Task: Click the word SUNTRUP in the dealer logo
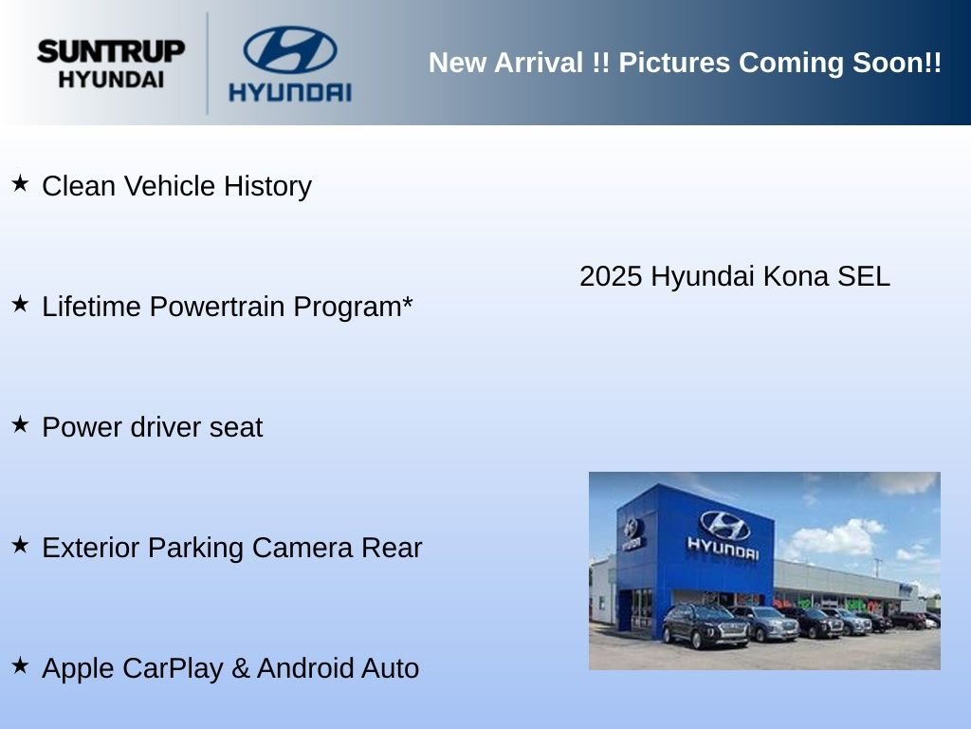111,51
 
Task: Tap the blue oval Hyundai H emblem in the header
290,49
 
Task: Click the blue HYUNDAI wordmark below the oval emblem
290,92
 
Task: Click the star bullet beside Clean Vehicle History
21,183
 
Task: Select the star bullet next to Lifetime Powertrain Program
21,304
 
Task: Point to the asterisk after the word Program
408,302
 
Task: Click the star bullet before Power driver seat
21,424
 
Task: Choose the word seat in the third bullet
236,428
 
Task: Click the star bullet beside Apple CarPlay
21,665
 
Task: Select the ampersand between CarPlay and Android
240,669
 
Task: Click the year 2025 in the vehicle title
611,276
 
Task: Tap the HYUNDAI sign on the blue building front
723,549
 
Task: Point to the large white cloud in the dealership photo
833,539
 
